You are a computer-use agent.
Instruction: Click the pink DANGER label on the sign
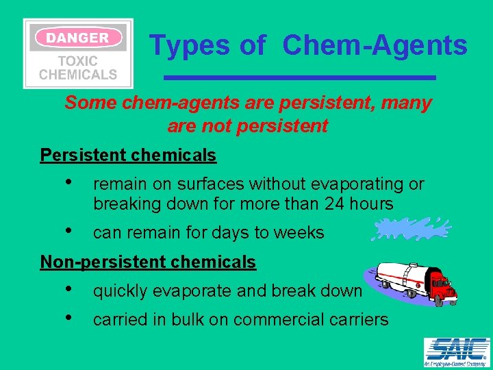(x=77, y=38)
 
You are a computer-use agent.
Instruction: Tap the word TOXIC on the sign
(x=77, y=60)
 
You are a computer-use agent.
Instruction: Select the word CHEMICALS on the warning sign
(x=77, y=75)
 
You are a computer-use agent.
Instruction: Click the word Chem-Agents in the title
(x=375, y=46)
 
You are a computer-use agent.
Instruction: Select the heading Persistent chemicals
(x=128, y=156)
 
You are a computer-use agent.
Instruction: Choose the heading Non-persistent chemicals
(x=148, y=262)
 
